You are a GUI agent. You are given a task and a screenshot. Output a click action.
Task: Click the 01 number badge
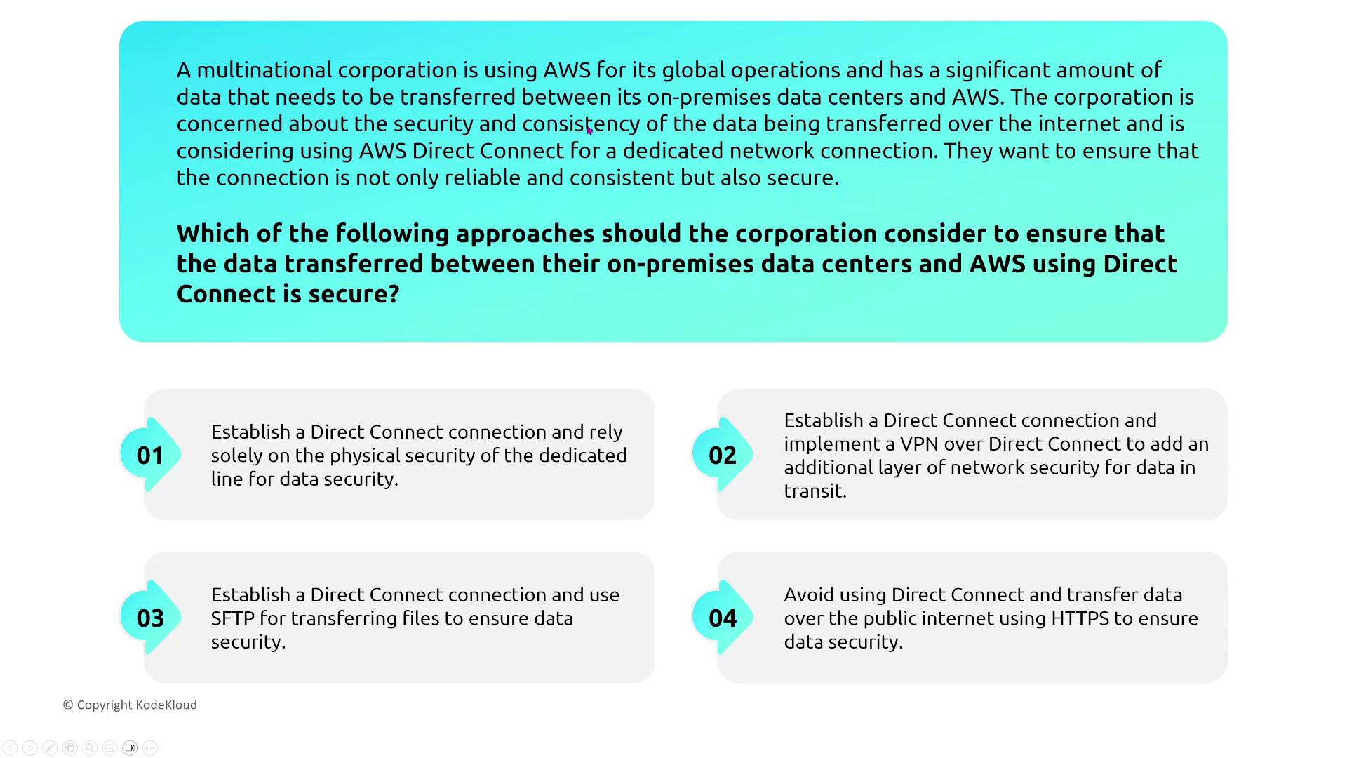(x=151, y=455)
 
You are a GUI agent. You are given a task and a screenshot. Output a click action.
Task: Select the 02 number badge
(x=723, y=455)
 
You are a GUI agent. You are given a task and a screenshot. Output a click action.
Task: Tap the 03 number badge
(x=151, y=618)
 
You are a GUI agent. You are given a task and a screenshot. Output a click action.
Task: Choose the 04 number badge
(x=723, y=618)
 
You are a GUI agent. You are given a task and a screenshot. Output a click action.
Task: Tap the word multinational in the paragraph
(x=264, y=70)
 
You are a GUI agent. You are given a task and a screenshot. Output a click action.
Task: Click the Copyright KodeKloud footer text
(x=130, y=705)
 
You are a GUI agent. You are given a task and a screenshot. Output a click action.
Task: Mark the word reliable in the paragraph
(x=483, y=178)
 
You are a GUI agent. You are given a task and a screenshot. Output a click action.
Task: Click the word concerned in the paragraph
(x=229, y=124)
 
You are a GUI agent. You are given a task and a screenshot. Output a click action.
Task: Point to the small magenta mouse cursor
(x=589, y=130)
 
